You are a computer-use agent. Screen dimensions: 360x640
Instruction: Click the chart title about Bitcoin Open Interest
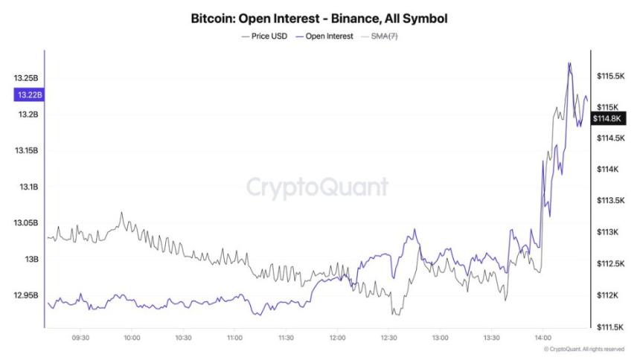[x=319, y=16]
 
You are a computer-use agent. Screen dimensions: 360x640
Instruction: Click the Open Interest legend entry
[x=324, y=36]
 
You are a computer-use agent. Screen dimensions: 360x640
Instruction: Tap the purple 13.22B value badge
[x=28, y=94]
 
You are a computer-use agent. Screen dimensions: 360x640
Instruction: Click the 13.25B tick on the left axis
[x=26, y=78]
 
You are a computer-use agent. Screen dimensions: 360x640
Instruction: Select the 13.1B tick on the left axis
[x=28, y=187]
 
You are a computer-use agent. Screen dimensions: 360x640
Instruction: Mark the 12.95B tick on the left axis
[x=26, y=295]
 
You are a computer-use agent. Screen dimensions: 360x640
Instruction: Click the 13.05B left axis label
[x=26, y=223]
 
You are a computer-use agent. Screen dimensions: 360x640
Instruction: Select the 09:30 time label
[x=80, y=338]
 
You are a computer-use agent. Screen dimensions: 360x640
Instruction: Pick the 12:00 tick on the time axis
[x=336, y=338]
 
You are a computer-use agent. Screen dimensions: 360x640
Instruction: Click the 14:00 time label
[x=542, y=338]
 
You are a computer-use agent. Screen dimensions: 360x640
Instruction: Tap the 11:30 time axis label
[x=285, y=338]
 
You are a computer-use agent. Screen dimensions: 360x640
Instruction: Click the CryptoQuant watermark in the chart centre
[x=317, y=186]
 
